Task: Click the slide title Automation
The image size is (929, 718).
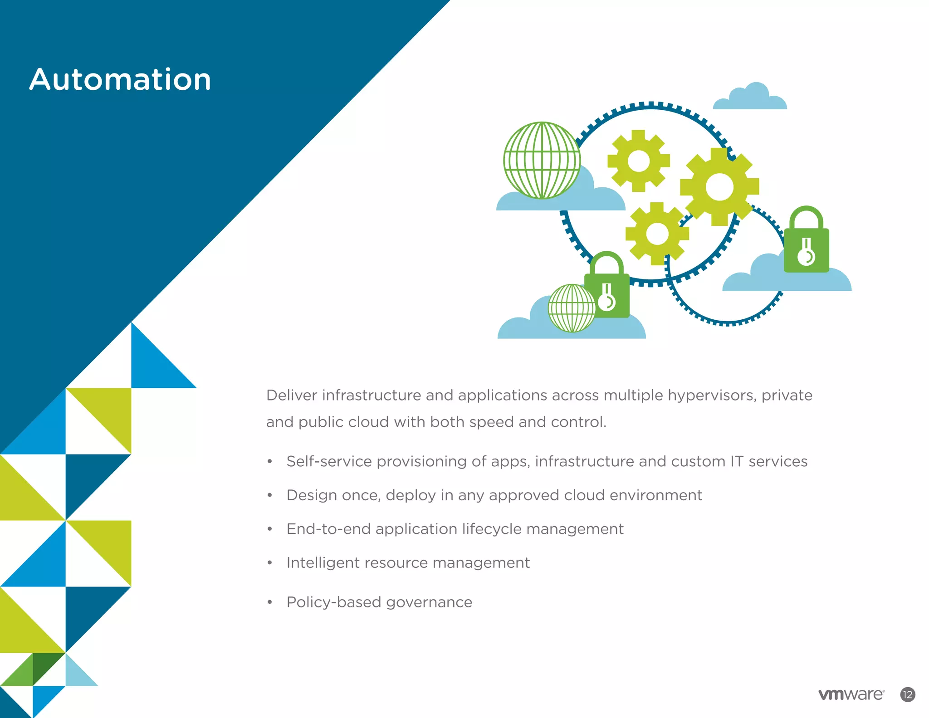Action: (x=120, y=80)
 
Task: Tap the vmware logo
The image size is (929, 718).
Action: (x=851, y=694)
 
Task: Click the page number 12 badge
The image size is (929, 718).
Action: (x=907, y=694)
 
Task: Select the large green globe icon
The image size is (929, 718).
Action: (x=542, y=160)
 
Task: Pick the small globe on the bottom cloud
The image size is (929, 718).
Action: (x=572, y=308)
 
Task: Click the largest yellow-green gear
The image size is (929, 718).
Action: (x=719, y=186)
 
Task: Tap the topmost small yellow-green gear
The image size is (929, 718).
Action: (x=639, y=161)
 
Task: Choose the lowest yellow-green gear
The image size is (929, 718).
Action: (x=657, y=234)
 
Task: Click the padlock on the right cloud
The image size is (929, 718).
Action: (x=807, y=247)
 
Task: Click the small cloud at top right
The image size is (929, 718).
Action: (x=750, y=98)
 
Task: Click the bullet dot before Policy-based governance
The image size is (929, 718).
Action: (x=270, y=602)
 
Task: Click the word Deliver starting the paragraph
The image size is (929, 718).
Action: (x=291, y=396)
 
